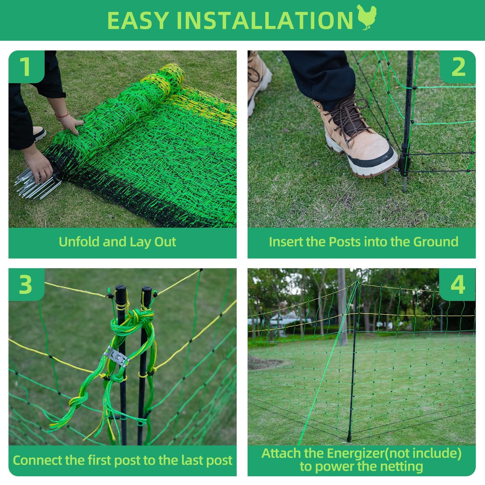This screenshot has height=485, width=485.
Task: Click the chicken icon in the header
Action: coord(367,17)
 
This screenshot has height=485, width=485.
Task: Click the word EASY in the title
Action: coord(138,20)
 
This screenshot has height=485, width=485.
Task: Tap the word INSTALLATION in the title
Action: coord(265,20)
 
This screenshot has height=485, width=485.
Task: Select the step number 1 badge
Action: coord(27,67)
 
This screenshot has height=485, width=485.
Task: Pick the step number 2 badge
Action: coord(457,67)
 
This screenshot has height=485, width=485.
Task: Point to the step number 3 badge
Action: coord(27,284)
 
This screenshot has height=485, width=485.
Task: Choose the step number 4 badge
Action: coord(457,284)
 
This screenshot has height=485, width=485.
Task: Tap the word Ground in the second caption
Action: coord(435,242)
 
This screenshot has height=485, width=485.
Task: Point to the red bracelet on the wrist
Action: coord(62,115)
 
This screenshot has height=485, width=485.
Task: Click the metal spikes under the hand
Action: coord(38,184)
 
